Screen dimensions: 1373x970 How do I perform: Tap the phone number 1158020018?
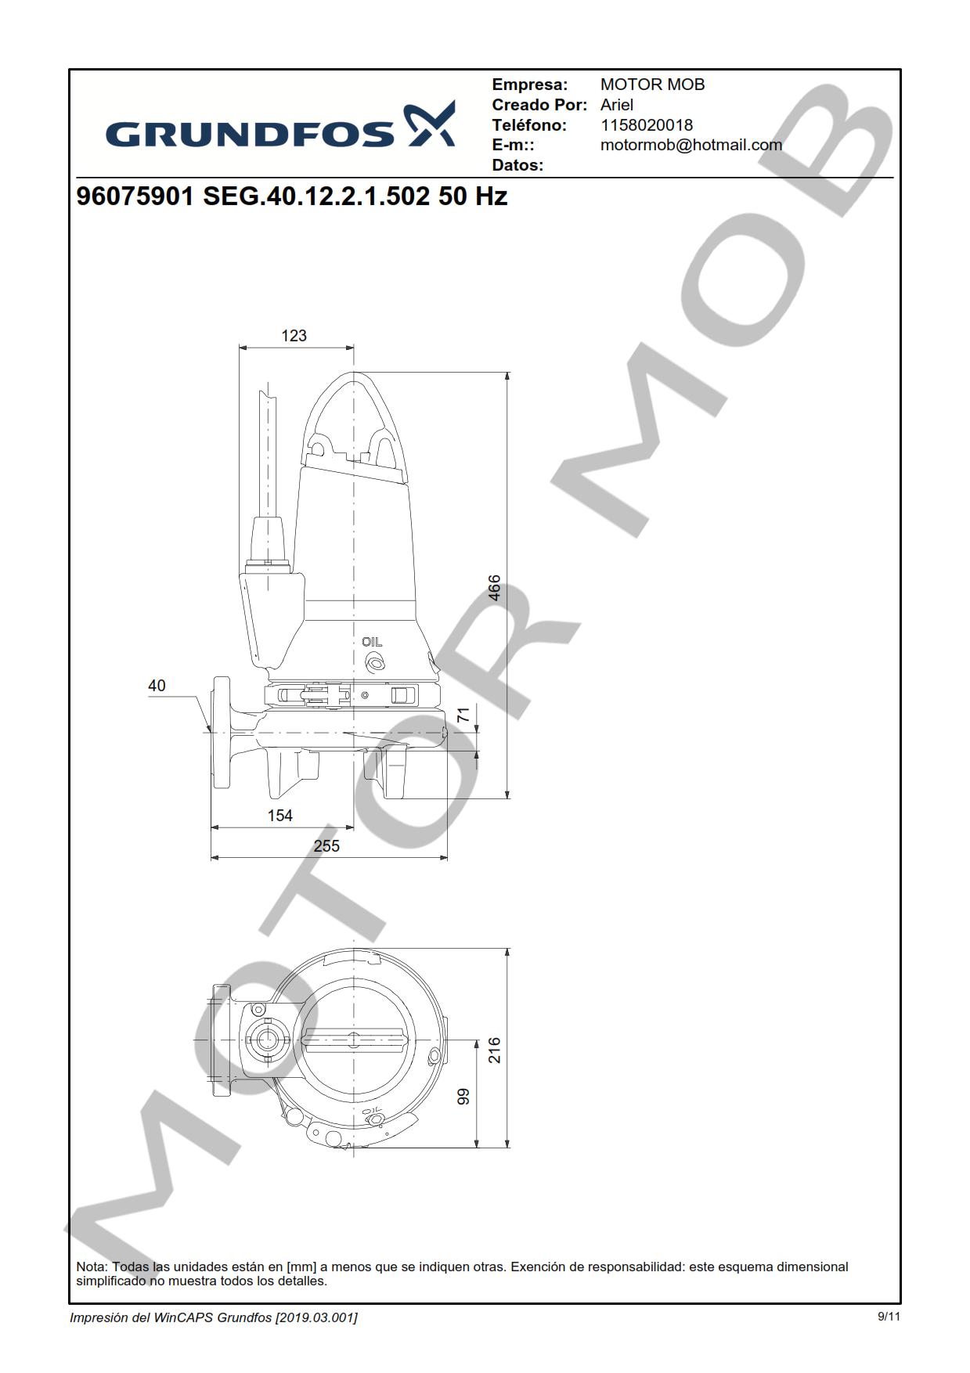click(646, 125)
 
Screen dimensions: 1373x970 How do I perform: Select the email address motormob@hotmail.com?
click(691, 145)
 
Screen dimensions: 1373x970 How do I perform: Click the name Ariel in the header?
click(616, 105)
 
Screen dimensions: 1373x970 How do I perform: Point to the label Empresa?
click(529, 85)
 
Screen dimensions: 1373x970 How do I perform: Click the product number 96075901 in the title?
click(135, 196)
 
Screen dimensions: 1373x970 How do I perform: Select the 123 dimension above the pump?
click(294, 336)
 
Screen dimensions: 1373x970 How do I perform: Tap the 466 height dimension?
click(494, 588)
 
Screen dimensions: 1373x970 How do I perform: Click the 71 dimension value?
click(463, 715)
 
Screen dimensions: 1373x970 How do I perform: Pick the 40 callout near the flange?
click(157, 686)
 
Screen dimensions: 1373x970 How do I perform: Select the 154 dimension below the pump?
click(279, 816)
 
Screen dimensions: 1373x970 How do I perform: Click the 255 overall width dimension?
click(326, 846)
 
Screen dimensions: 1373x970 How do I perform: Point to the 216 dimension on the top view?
click(494, 1050)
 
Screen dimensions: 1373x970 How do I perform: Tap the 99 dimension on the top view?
click(463, 1097)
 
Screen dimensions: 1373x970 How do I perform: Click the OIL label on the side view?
click(372, 642)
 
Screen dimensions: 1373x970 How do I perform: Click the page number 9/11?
click(888, 1317)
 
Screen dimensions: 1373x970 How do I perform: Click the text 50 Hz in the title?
click(472, 196)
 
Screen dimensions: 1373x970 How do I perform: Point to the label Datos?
click(517, 165)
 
